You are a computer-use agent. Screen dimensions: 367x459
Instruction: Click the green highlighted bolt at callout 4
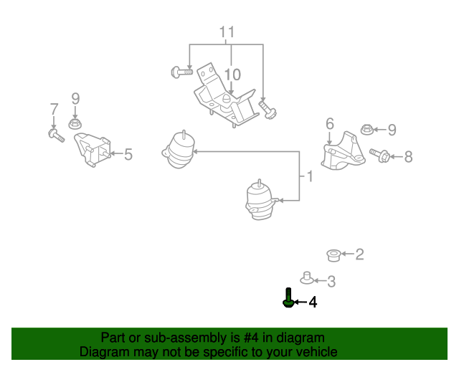coord(288,297)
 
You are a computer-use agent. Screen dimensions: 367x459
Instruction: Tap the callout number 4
coord(313,303)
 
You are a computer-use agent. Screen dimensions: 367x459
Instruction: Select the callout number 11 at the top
coord(227,32)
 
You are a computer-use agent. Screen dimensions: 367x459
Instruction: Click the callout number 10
coord(232,75)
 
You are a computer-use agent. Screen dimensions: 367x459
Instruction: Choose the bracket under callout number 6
coord(341,153)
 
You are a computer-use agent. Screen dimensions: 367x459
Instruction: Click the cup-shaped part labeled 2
coord(333,254)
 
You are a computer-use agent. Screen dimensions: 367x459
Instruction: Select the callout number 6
coord(330,124)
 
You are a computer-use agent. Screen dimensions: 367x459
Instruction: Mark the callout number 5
coord(128,154)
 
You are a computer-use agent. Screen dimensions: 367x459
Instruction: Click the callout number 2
coord(359,254)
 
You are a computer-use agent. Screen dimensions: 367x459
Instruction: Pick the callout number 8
coord(408,156)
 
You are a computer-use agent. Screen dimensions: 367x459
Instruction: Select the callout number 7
coord(54,110)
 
